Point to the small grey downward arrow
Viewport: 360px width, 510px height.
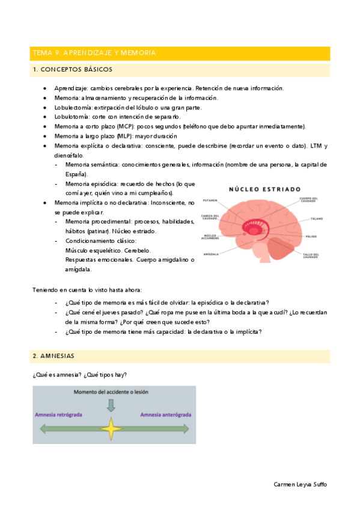[111, 405]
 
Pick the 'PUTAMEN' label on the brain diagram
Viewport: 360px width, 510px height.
[210, 201]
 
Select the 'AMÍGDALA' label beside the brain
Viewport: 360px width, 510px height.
[210, 254]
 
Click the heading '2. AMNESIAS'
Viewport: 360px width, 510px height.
[53, 356]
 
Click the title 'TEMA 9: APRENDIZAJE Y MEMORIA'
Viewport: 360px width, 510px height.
[94, 53]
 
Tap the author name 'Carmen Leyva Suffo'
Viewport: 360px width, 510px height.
[301, 484]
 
